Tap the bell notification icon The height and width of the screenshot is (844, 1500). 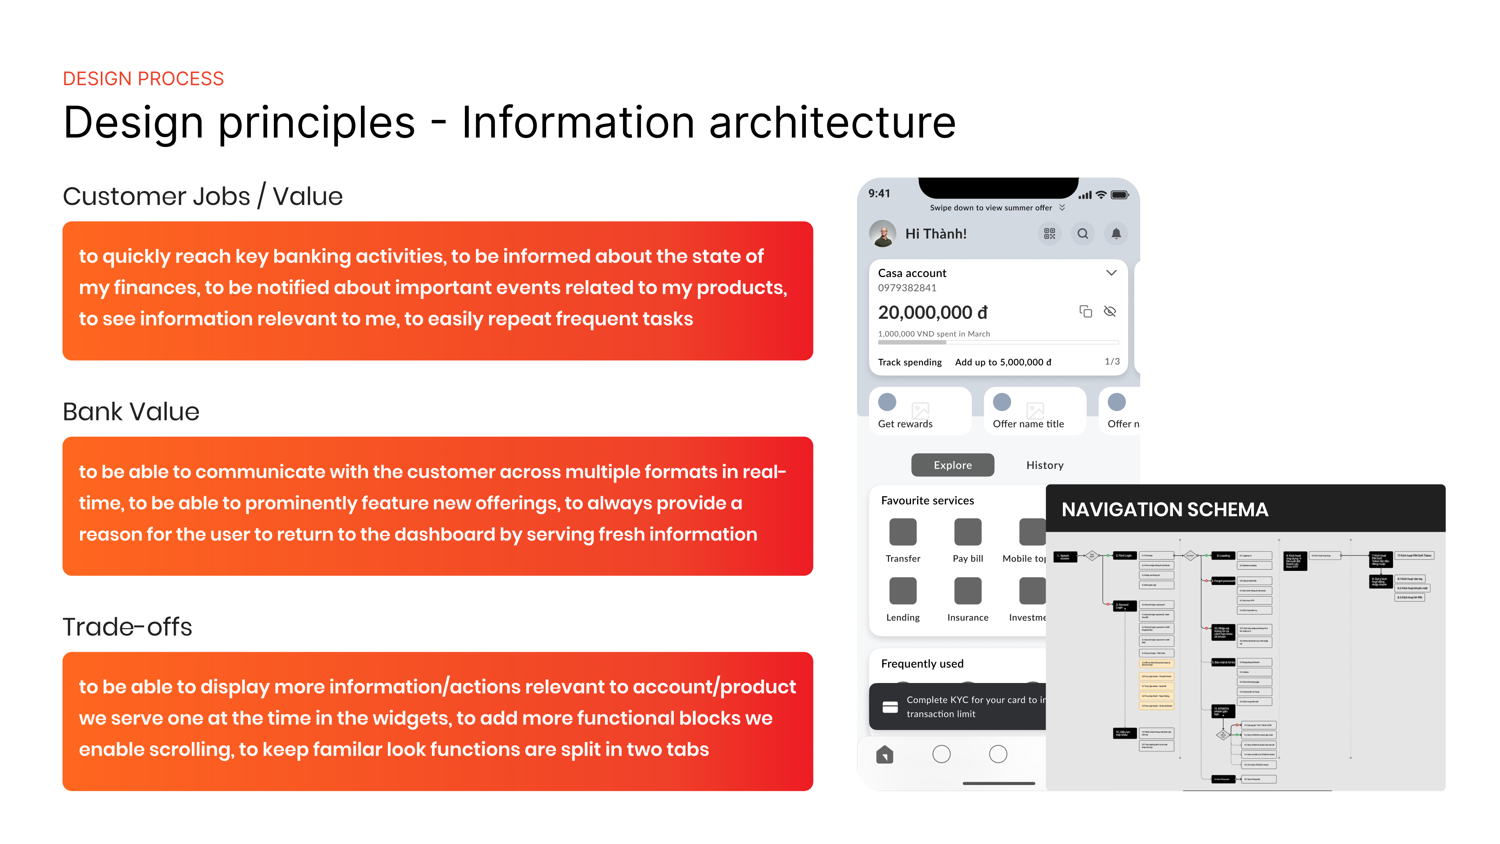tap(1116, 234)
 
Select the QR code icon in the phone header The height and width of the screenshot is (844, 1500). tap(1049, 234)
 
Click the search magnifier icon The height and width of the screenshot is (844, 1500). tap(1082, 234)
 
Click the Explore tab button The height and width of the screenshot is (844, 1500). tap(953, 465)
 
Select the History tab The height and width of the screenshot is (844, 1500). tap(1045, 465)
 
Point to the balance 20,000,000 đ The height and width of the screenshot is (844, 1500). tap(933, 313)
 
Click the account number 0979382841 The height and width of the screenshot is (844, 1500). tap(907, 288)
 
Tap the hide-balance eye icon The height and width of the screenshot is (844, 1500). tap(1110, 312)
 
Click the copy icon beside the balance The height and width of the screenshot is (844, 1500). tap(1086, 312)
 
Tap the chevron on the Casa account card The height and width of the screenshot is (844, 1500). tap(1111, 273)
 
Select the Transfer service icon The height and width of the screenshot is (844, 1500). tap(903, 532)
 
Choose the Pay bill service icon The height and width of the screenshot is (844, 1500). tap(968, 532)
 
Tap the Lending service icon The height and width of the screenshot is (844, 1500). tap(903, 591)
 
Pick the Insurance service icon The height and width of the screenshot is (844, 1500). tap(968, 591)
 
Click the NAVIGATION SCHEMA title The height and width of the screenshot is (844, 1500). tap(1164, 510)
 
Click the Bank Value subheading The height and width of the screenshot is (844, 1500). tap(131, 412)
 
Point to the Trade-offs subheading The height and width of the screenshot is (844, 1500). tap(127, 627)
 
